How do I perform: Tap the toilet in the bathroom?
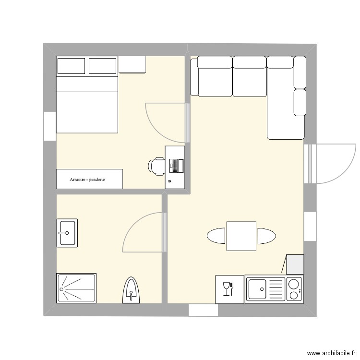click(131, 290)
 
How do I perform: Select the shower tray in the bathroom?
click(76, 288)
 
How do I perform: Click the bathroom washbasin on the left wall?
click(67, 233)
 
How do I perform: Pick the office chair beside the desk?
click(156, 166)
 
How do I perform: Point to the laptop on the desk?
click(176, 166)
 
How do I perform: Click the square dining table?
click(241, 236)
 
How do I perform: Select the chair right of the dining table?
click(266, 236)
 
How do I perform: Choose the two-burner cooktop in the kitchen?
click(294, 289)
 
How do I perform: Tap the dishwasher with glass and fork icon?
click(229, 289)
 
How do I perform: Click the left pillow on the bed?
click(71, 66)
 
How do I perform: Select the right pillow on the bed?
click(103, 66)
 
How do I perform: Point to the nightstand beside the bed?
click(132, 65)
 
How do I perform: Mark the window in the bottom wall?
click(204, 310)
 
